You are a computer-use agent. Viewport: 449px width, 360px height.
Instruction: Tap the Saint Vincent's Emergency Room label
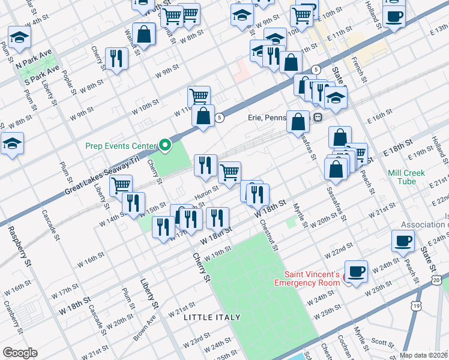point(307,278)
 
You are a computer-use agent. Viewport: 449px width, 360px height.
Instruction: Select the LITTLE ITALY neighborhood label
point(212,317)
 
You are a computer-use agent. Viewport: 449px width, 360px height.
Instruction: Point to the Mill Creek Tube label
point(406,177)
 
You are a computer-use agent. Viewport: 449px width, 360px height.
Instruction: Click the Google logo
point(20,352)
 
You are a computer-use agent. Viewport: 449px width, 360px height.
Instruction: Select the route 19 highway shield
point(415,306)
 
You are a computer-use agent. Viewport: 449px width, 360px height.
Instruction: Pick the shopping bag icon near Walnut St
point(144,34)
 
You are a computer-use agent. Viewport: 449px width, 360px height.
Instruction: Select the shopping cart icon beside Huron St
point(229,173)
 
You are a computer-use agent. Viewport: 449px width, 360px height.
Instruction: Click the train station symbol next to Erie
point(317,118)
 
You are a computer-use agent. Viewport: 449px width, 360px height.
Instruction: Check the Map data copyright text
point(424,355)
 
